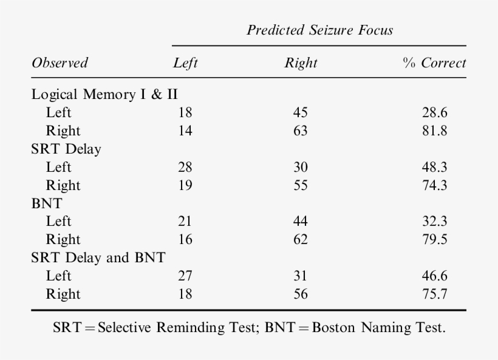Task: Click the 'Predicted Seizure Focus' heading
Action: coord(319,30)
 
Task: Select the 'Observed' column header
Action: coord(60,63)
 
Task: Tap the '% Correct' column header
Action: coord(434,63)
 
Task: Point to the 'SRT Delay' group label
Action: coord(66,149)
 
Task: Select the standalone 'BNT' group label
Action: coord(47,203)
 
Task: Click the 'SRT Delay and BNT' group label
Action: coord(98,257)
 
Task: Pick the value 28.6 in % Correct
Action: coord(434,113)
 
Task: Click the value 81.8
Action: coord(434,131)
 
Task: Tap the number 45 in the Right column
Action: coord(300,113)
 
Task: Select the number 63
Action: coord(300,131)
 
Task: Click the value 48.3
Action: coord(434,167)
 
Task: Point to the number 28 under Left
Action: coord(185,167)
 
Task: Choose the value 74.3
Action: coord(434,185)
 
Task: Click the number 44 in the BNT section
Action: coord(300,222)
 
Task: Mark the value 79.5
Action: coord(434,240)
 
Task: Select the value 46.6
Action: coord(434,276)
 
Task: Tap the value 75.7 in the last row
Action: coord(434,294)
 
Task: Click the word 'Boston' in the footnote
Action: coord(333,328)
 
